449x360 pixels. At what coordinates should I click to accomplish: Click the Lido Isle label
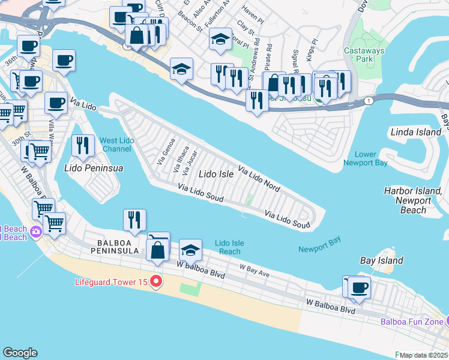click(215, 174)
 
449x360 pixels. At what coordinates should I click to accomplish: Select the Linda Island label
click(411, 131)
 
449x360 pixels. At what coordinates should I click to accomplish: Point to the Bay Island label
click(381, 260)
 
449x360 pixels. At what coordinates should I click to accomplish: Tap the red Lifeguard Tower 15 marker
click(156, 281)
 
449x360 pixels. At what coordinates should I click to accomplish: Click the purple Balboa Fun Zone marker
click(445, 321)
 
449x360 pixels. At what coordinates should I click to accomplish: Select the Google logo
click(20, 352)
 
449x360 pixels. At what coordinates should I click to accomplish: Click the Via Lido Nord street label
click(259, 178)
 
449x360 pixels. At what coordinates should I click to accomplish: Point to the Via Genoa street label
click(166, 151)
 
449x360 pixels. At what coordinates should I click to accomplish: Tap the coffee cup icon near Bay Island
click(360, 287)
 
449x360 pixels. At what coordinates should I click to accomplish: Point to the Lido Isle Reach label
click(228, 247)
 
